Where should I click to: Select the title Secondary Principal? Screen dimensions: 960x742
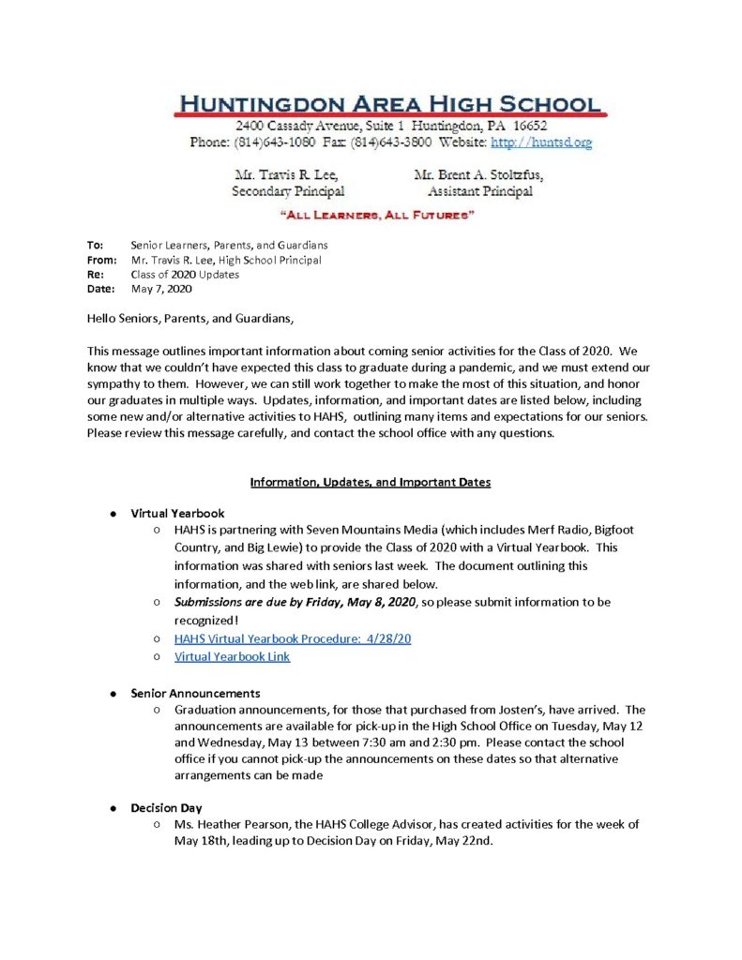(x=288, y=191)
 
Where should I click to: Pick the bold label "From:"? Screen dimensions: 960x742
(x=101, y=260)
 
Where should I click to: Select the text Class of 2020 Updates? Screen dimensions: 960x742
(x=185, y=275)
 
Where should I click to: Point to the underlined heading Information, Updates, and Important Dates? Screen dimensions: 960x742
(x=370, y=482)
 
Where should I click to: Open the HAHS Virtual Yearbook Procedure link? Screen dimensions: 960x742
(x=293, y=638)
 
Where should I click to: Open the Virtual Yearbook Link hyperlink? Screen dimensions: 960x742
(x=232, y=656)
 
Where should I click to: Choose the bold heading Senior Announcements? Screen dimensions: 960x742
(x=195, y=693)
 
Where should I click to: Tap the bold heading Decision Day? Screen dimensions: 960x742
(x=166, y=807)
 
